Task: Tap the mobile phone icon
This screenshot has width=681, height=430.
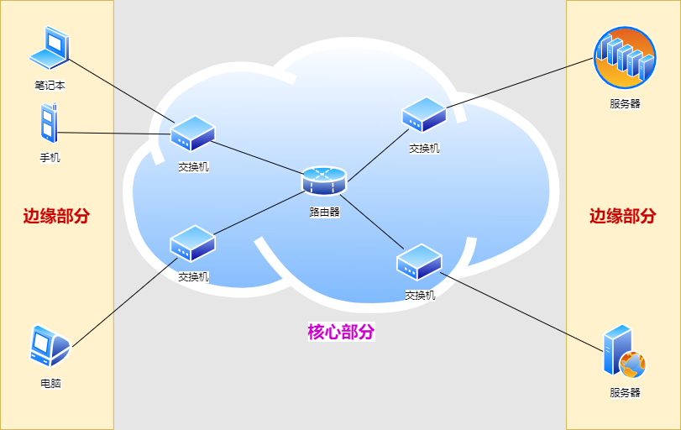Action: (49, 124)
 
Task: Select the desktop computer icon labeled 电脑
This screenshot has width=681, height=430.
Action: (49, 347)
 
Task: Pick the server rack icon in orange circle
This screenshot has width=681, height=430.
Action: (623, 57)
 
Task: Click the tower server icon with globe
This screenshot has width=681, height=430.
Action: (622, 354)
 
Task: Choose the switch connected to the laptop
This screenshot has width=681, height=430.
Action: (193, 134)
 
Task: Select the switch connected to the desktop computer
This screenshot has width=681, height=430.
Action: (193, 244)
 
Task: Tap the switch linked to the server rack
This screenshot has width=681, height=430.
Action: (423, 115)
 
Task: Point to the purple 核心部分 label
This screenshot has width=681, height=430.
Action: (341, 332)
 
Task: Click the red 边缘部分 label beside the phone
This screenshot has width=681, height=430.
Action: (56, 216)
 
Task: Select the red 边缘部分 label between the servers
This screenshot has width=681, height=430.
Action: (622, 216)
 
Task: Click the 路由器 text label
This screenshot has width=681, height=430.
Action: (324, 212)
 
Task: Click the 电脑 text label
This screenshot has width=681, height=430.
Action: (50, 384)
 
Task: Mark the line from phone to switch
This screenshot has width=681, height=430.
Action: (113, 133)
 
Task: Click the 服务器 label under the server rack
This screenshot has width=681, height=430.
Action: (625, 104)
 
